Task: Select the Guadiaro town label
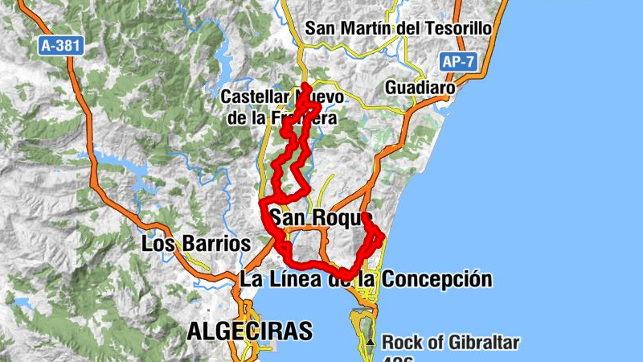click(420, 87)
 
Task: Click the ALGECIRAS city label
click(249, 330)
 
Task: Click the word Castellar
click(256, 97)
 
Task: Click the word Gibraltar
click(481, 343)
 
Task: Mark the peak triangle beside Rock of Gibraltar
click(371, 343)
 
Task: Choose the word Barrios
click(212, 243)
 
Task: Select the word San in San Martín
click(321, 28)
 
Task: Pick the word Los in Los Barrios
click(156, 243)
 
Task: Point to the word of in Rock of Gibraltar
click(430, 343)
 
